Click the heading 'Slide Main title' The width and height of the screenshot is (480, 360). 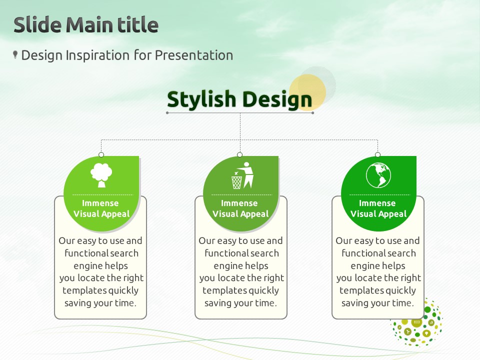[86, 24]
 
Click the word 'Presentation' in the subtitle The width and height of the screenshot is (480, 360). [194, 55]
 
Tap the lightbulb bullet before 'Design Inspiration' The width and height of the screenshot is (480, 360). [15, 55]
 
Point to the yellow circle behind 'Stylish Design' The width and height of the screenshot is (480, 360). [307, 92]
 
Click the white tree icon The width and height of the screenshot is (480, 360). [101, 175]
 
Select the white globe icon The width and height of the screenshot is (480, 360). [378, 175]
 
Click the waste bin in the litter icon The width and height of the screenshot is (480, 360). [236, 182]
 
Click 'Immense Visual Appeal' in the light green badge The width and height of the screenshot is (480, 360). [101, 208]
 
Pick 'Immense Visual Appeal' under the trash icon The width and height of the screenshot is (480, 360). [240, 208]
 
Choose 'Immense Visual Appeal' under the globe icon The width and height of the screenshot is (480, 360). [378, 208]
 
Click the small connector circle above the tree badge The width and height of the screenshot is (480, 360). [101, 154]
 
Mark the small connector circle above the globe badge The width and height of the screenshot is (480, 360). [378, 154]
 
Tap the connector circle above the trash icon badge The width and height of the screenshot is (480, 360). [239, 154]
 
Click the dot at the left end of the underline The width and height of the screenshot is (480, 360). [167, 113]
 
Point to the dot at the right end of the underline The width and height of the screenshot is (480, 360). [312, 113]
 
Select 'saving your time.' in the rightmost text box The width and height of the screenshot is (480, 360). [378, 303]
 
